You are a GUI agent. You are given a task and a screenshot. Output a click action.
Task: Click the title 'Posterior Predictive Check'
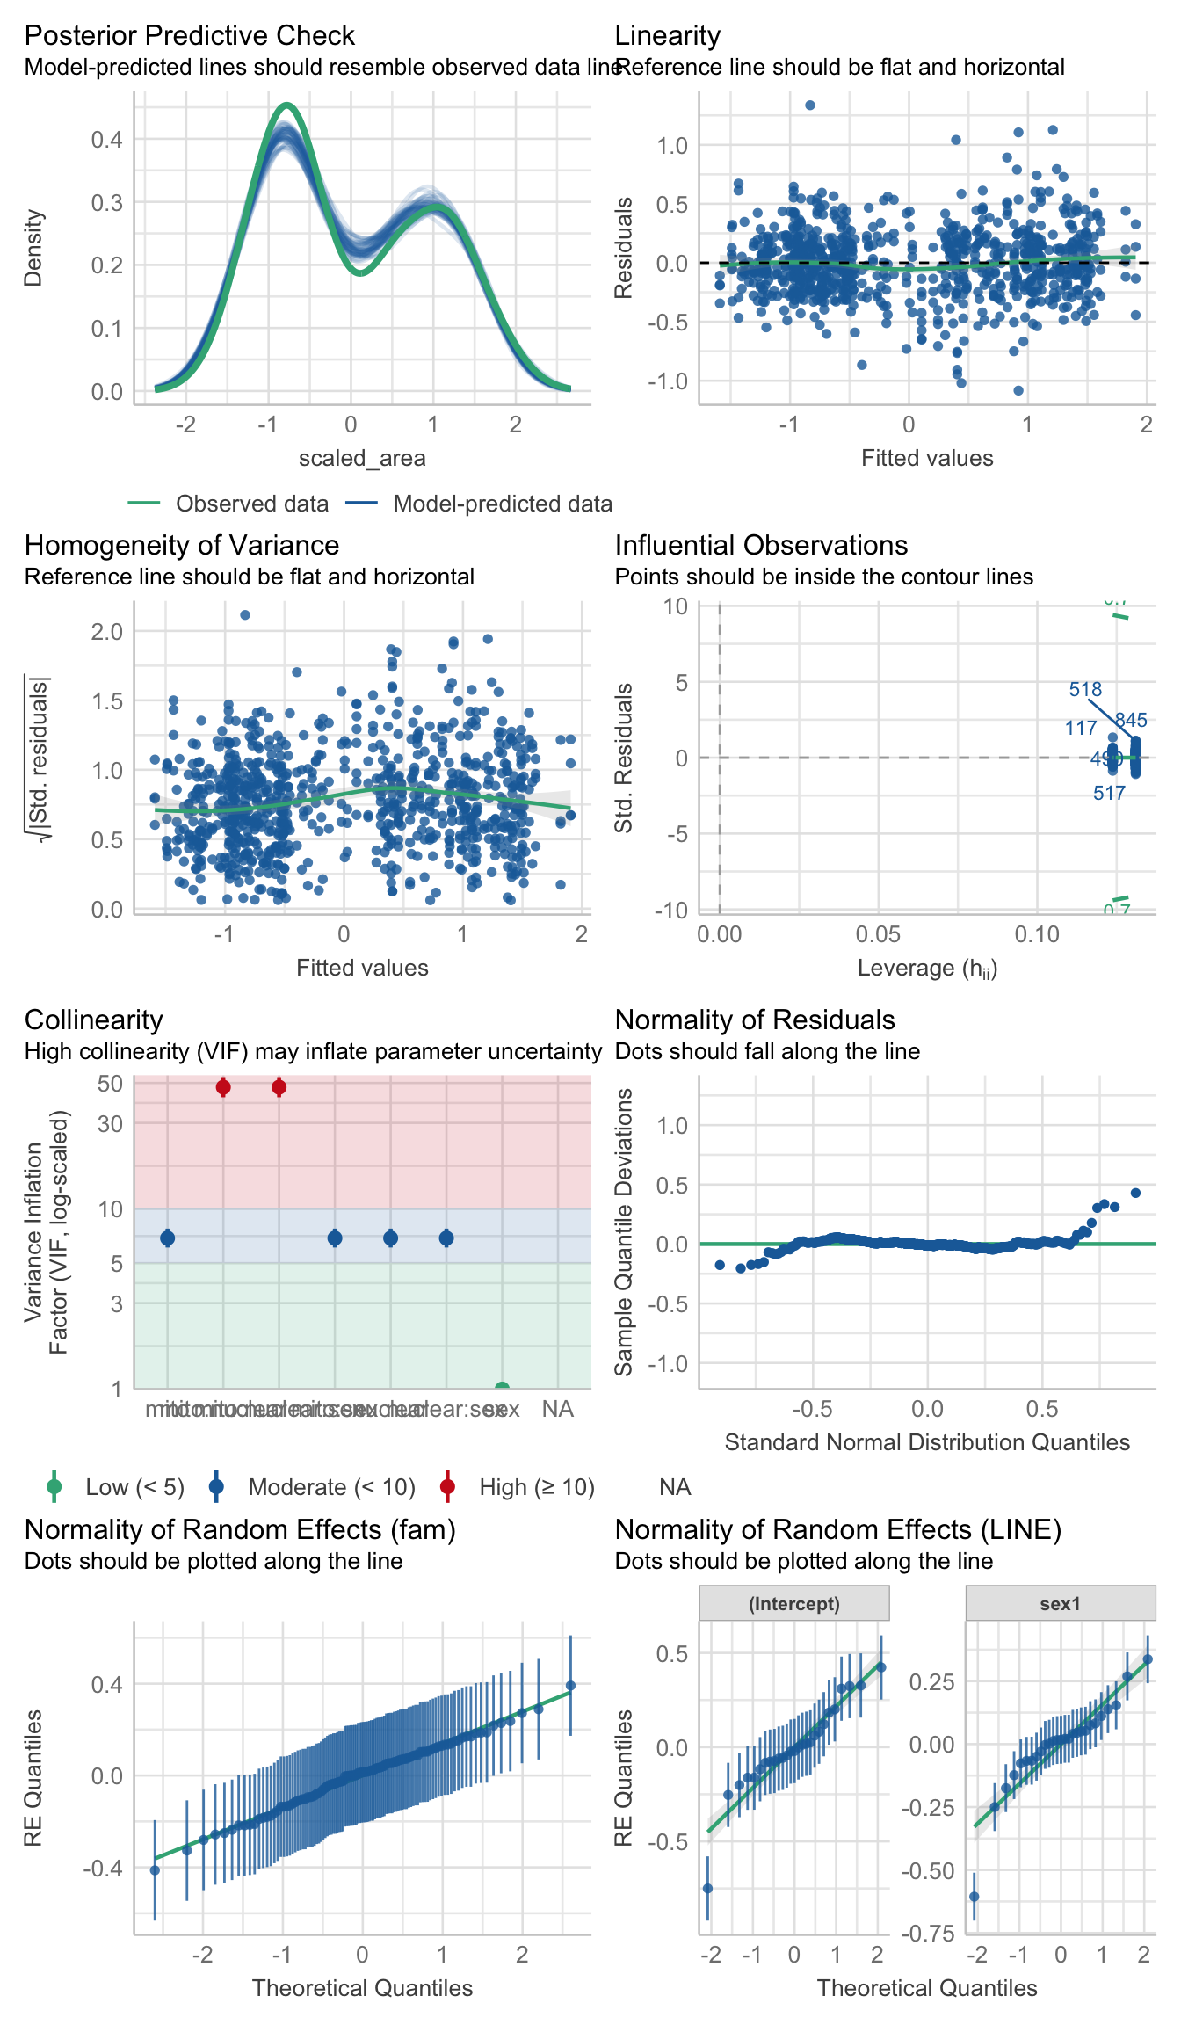189,35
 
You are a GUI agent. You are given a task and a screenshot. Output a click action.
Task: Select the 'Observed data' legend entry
251,504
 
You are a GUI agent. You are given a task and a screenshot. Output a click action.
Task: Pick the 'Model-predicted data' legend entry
502,504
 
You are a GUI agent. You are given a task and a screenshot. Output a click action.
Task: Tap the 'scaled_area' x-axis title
362,458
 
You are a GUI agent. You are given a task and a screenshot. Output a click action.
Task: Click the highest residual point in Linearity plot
810,105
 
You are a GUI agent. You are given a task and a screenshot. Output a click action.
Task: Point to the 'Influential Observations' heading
761,545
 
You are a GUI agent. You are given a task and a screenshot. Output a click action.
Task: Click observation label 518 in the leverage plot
1085,690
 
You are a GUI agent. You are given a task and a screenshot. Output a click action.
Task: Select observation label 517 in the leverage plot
1109,794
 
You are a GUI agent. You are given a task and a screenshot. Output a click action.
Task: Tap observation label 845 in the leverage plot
1132,721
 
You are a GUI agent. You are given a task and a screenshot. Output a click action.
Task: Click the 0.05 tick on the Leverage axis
879,934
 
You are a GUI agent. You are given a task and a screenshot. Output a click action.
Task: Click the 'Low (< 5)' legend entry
134,1487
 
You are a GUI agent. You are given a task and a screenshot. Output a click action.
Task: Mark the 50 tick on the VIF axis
110,1084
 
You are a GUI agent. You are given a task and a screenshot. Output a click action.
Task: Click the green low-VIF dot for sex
502,1389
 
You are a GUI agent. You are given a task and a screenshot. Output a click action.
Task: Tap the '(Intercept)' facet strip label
794,1604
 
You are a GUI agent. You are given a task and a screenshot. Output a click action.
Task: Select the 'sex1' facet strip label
1060,1604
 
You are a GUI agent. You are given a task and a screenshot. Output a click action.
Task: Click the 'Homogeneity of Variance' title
182,545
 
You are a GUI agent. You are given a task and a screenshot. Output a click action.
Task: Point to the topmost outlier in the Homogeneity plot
245,615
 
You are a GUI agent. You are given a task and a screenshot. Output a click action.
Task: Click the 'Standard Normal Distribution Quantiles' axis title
927,1442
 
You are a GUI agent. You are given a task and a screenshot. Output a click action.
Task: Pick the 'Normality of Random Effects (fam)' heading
240,1529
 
